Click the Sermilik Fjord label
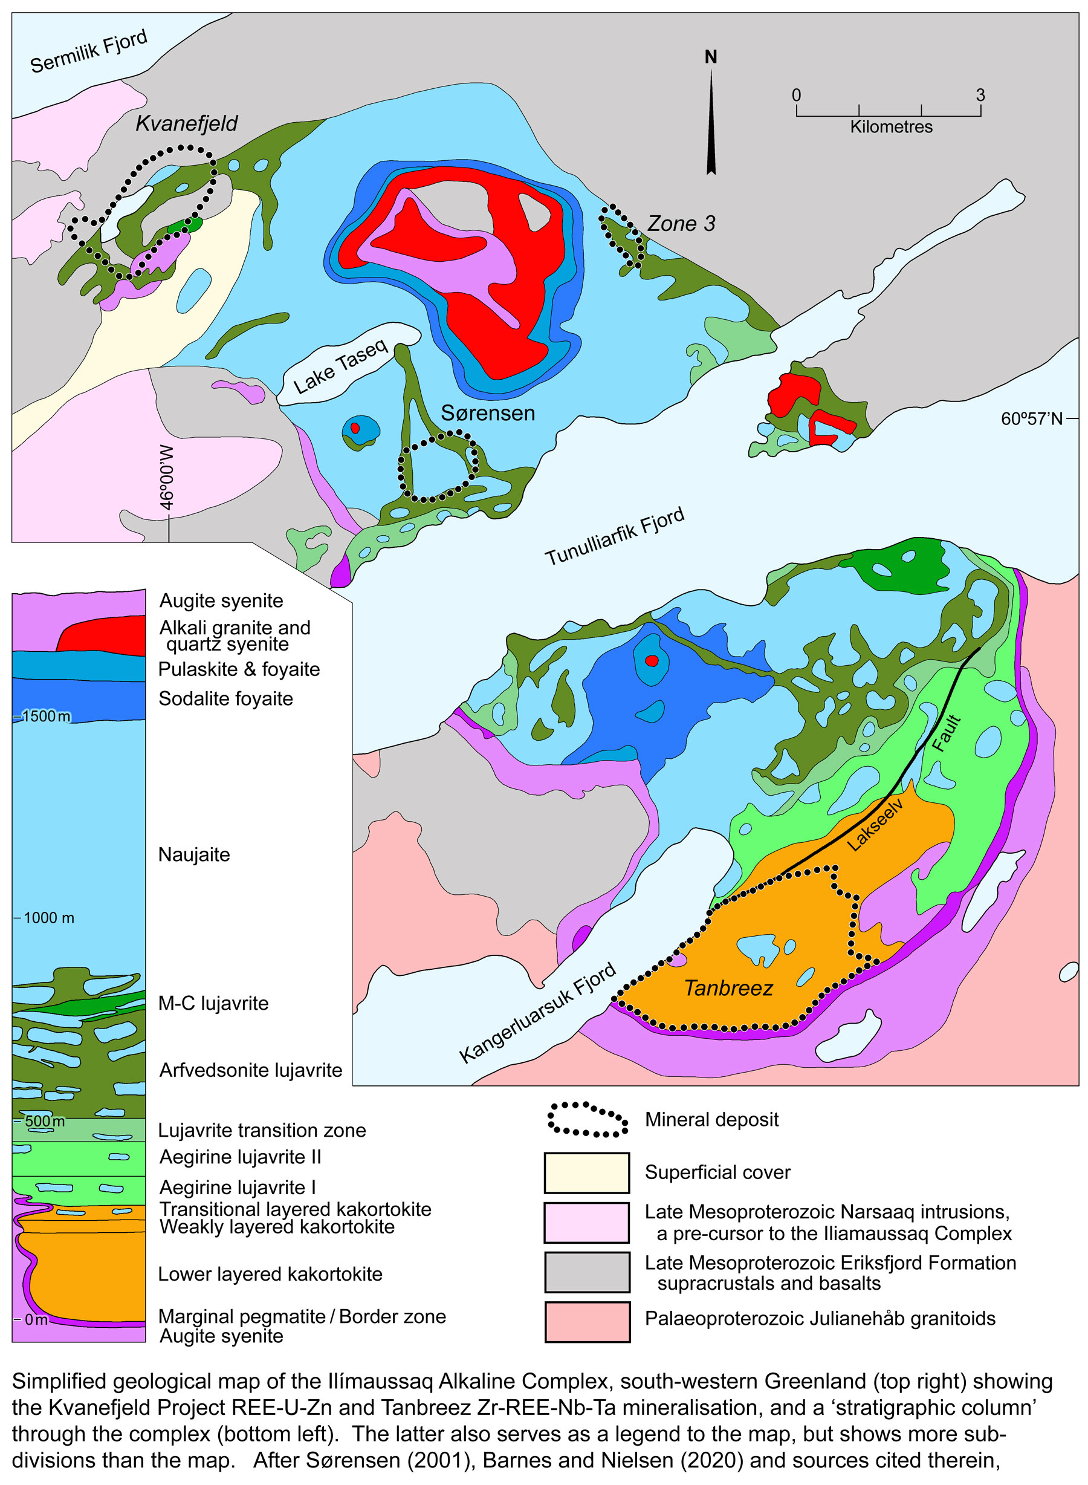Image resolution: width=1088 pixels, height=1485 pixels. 88,51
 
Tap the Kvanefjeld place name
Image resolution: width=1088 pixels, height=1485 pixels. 186,123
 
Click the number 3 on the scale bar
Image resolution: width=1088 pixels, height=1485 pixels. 980,96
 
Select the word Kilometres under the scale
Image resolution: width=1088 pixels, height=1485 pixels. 890,127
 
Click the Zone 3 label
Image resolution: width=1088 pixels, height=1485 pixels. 681,224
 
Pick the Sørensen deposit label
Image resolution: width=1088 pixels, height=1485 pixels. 487,414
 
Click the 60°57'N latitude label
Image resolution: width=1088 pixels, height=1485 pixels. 1031,419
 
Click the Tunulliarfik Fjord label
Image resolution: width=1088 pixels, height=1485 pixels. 615,536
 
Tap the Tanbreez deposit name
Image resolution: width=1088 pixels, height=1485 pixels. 728,988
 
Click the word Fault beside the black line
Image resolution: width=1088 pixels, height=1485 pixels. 947,733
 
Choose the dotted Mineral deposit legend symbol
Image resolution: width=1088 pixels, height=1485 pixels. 587,1119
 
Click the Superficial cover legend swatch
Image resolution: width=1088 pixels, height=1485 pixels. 586,1172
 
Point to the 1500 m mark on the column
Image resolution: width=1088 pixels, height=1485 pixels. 45,716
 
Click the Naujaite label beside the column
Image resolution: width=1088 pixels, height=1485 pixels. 193,854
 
